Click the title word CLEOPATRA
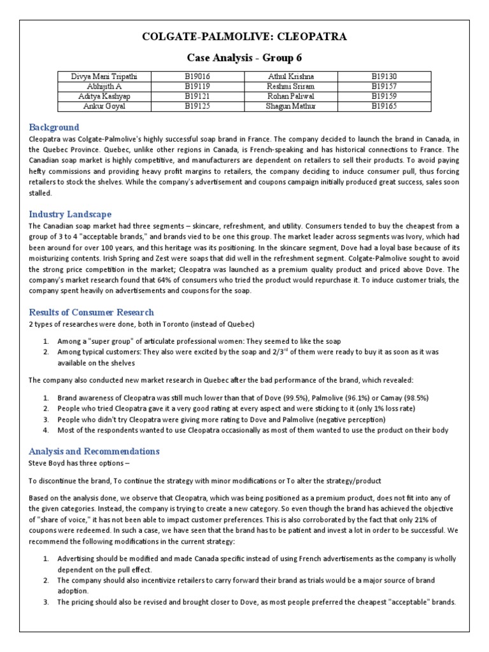(307, 37)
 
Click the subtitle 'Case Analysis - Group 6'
(244, 58)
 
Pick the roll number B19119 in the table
(201, 87)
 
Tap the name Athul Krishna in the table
(290, 77)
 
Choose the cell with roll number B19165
(384, 106)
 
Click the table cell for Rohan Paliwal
(290, 96)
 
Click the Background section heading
(54, 127)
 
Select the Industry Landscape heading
(70, 214)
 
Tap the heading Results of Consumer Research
(92, 312)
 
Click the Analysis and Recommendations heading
(94, 451)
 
